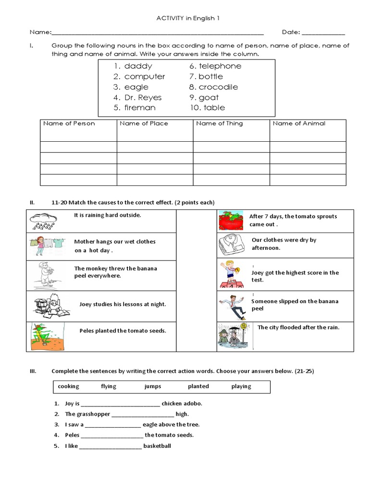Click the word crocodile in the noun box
coord(218,87)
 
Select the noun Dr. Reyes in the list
coord(143,98)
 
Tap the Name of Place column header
coord(144,123)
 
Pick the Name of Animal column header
coord(299,123)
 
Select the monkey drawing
coord(45,275)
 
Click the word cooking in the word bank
coord(68,386)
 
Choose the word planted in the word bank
coord(198,386)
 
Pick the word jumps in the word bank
coord(153,386)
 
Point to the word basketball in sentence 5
coord(157,446)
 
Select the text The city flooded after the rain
coord(298,327)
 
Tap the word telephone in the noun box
coord(220,66)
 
